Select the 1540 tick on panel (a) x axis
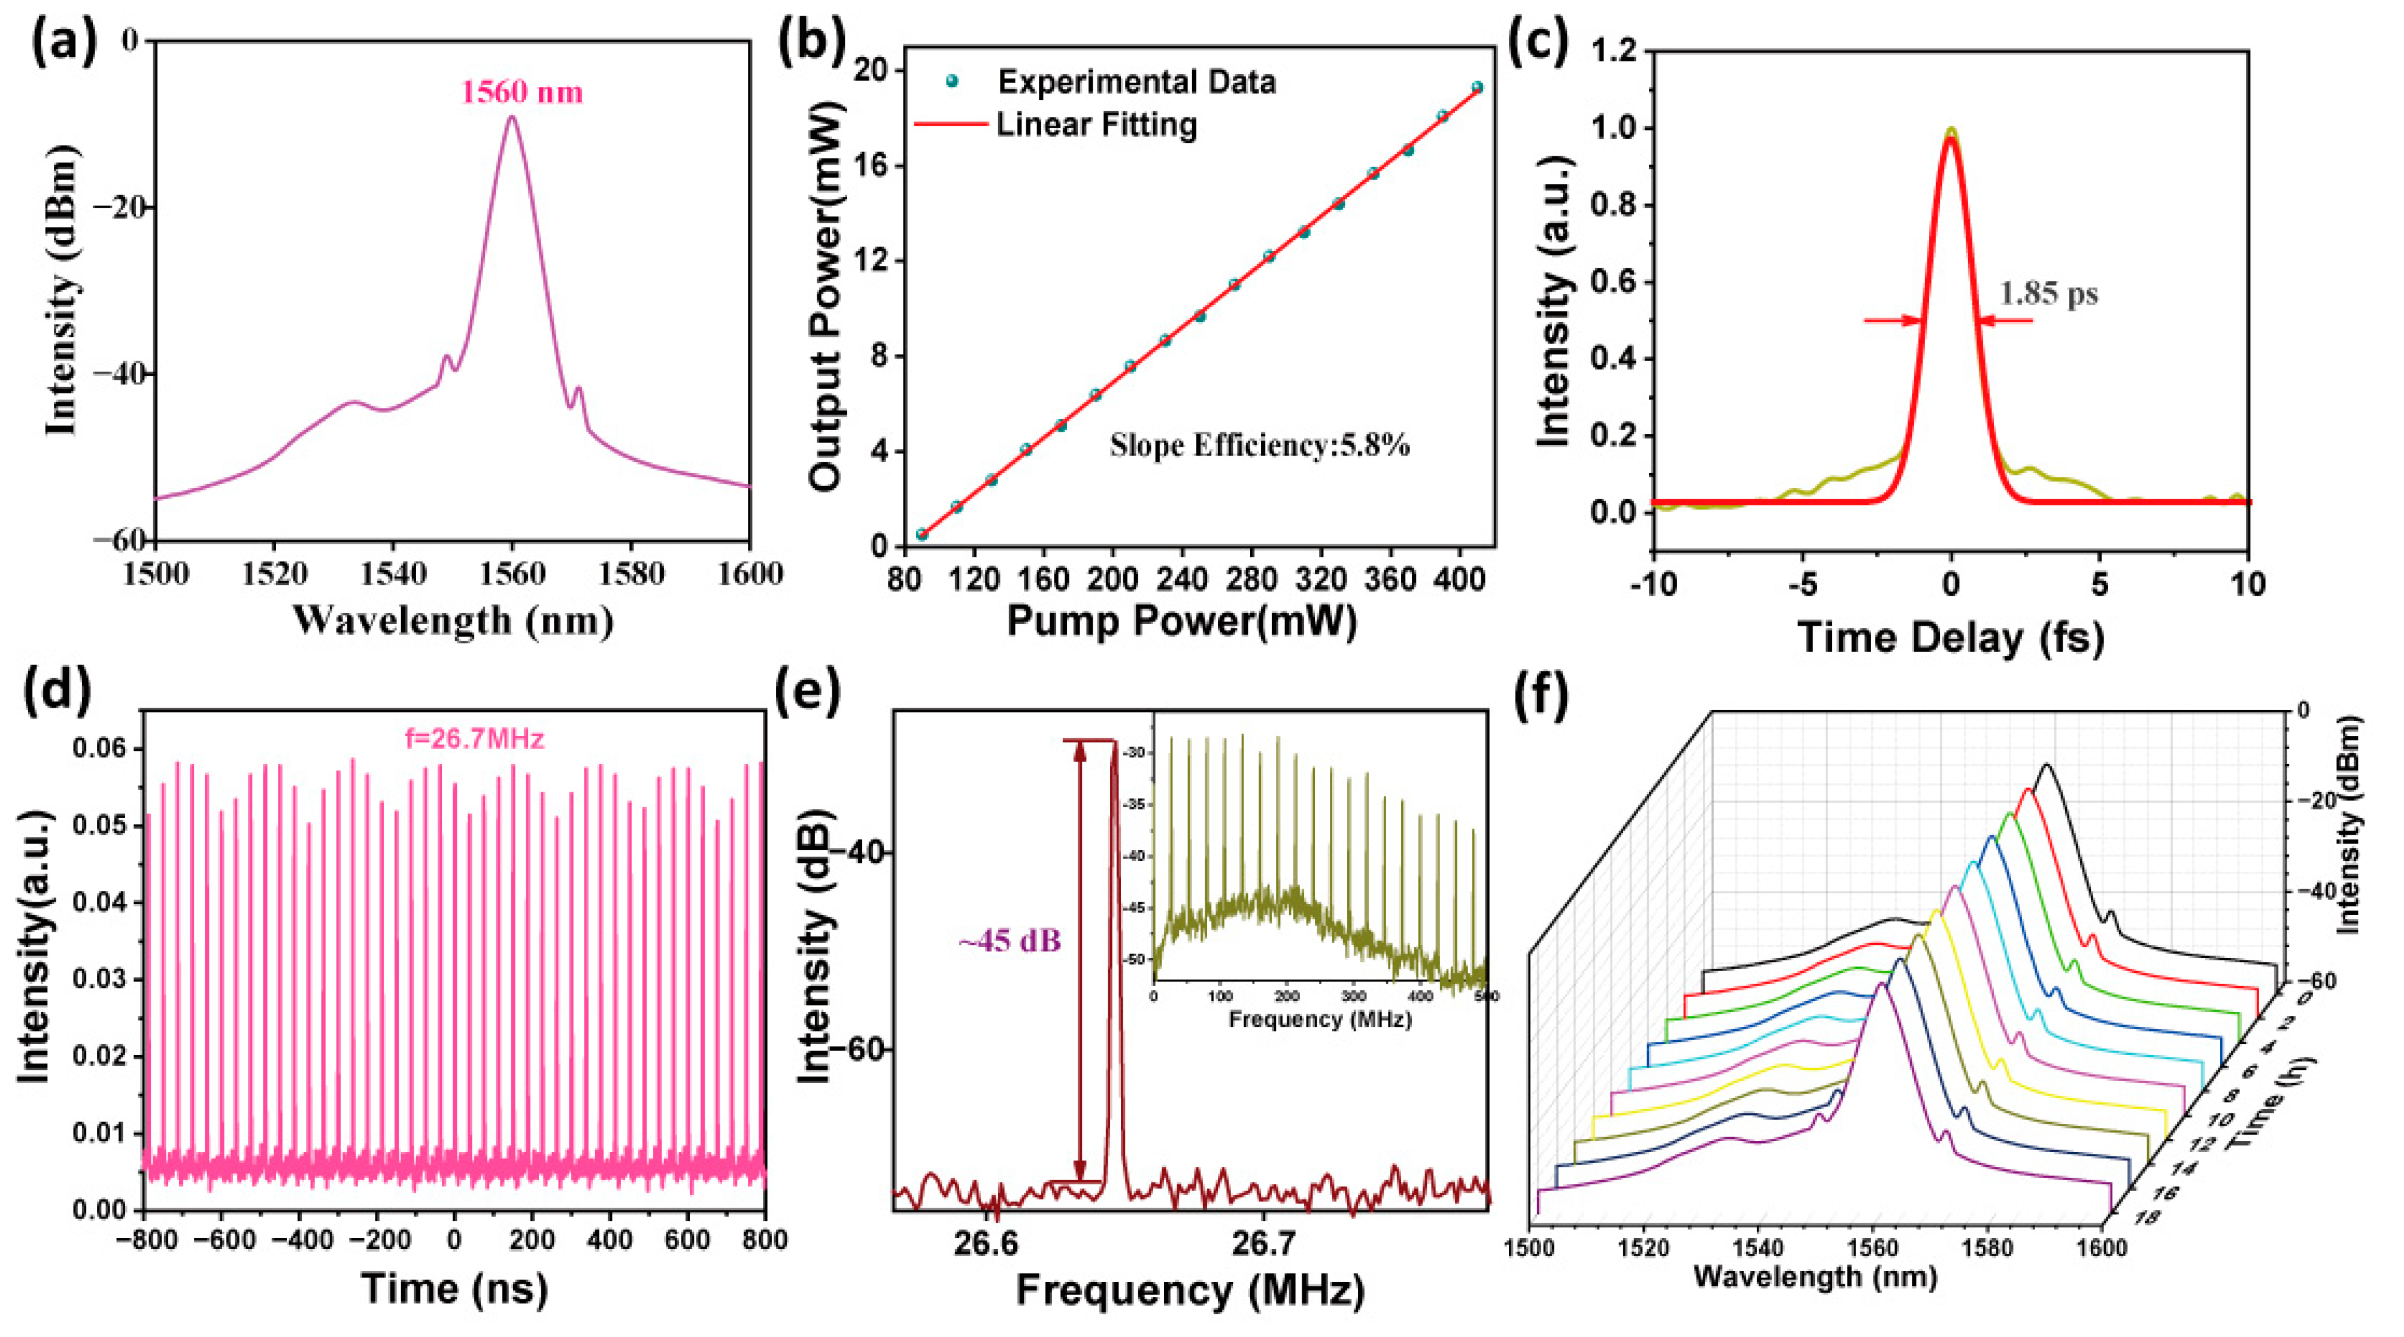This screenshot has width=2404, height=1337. pyautogui.click(x=393, y=573)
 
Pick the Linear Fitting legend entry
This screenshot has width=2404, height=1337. pyautogui.click(x=1096, y=124)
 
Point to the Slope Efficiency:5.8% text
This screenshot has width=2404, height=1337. pyautogui.click(x=1259, y=446)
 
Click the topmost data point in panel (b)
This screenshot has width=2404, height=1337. pyautogui.click(x=1477, y=87)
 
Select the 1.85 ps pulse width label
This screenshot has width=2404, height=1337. pyautogui.click(x=2048, y=295)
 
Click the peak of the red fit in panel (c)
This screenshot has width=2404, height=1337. pyautogui.click(x=1951, y=138)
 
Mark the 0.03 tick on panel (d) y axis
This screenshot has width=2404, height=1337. pyautogui.click(x=102, y=980)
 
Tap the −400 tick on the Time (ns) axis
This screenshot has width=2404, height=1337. pyautogui.click(x=299, y=1240)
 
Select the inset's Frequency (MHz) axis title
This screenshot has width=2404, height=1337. pyautogui.click(x=1320, y=1019)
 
